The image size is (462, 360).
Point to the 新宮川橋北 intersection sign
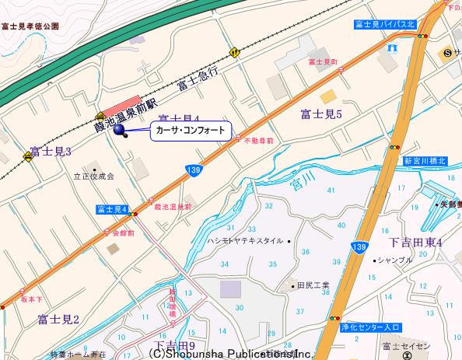[425, 161]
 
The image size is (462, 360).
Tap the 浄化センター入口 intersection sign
[369, 328]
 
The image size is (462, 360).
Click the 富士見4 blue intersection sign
[112, 209]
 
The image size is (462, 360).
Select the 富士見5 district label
[321, 114]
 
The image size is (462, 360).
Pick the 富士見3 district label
[51, 151]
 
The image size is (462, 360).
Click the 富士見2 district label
[59, 319]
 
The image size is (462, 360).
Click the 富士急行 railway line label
[198, 78]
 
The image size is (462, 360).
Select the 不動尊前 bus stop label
[258, 142]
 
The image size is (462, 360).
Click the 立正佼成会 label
[93, 177]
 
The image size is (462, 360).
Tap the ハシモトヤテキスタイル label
[246, 241]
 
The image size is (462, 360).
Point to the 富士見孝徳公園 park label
[30, 26]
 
